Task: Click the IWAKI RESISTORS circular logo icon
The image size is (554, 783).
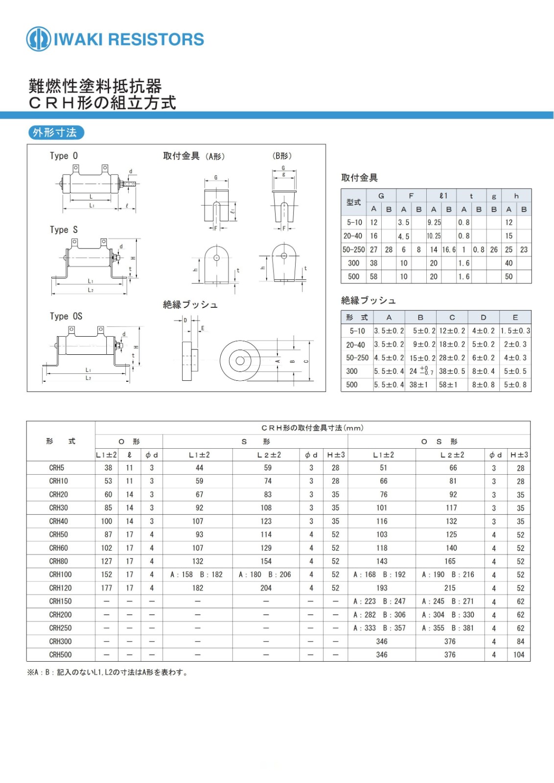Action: click(x=38, y=39)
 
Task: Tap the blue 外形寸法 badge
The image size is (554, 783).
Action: click(x=55, y=133)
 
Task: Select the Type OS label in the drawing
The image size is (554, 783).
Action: click(x=66, y=316)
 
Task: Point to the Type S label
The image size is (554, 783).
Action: click(x=64, y=230)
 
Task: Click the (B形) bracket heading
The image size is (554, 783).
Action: click(x=282, y=156)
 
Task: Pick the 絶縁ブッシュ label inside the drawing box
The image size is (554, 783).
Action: click(x=190, y=304)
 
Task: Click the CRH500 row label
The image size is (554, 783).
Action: click(x=60, y=655)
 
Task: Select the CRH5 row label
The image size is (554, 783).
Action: click(x=57, y=468)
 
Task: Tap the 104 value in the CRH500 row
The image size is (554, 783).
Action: click(x=519, y=655)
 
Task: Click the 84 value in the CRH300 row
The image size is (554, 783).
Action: click(x=520, y=641)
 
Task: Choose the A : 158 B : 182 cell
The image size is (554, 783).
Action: click(x=196, y=575)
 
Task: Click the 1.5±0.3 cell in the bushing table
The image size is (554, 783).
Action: click(x=515, y=331)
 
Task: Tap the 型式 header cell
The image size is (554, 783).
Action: click(x=353, y=202)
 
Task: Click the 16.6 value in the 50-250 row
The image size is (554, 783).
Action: click(x=449, y=250)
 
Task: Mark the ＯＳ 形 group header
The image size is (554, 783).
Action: click(x=439, y=441)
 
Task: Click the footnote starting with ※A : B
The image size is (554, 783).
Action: click(x=108, y=672)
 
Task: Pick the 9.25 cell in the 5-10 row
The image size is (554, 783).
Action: click(x=434, y=222)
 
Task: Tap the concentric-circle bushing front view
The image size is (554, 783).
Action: click(x=240, y=361)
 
